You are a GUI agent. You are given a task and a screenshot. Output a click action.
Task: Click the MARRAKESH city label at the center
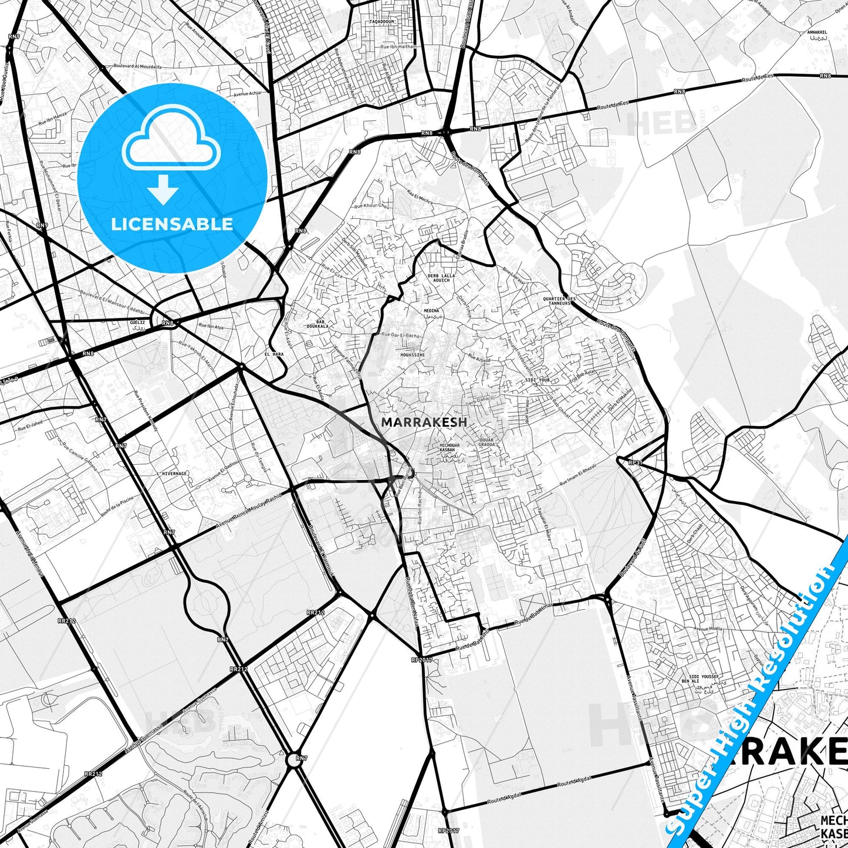click(x=424, y=422)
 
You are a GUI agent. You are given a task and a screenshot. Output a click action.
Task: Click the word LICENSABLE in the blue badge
click(x=172, y=224)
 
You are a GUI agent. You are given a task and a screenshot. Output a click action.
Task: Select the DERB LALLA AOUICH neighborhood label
click(x=441, y=278)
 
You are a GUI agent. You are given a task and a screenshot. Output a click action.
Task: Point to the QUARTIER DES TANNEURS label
click(x=559, y=300)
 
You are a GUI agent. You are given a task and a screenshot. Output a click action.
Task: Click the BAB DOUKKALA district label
click(x=320, y=323)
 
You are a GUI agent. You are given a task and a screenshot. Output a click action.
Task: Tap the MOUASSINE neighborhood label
click(x=412, y=355)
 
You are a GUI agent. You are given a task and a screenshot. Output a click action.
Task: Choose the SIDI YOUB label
click(x=536, y=380)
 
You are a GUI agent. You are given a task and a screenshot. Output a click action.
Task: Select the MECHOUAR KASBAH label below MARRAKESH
click(x=450, y=447)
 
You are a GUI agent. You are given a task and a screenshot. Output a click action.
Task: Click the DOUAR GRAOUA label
click(x=486, y=442)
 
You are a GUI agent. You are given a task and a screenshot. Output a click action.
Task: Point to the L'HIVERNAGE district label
click(x=173, y=474)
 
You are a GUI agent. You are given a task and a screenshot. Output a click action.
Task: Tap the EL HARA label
click(x=274, y=354)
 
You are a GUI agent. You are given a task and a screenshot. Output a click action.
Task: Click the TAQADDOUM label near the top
click(x=382, y=22)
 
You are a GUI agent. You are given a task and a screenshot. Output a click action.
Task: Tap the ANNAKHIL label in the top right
click(x=817, y=33)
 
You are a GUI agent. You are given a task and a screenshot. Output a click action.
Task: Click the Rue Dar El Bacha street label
click(x=400, y=335)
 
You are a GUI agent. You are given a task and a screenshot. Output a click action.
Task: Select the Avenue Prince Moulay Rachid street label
click(x=249, y=509)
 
